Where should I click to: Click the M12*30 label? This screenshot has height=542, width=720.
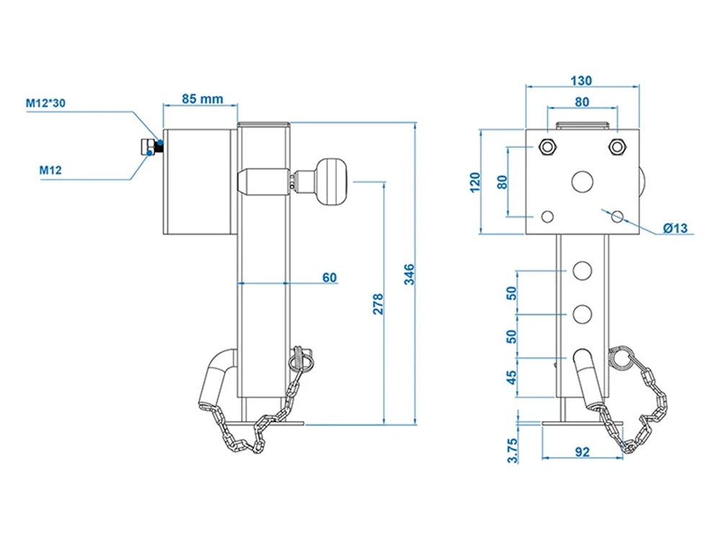(x=46, y=104)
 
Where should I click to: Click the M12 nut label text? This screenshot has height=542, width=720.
(x=50, y=170)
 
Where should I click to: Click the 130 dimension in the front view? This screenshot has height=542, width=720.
(x=582, y=80)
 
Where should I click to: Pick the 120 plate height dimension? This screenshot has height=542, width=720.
(x=474, y=182)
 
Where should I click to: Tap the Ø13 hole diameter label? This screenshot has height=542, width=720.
(x=675, y=228)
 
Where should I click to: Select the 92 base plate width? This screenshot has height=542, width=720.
(x=582, y=452)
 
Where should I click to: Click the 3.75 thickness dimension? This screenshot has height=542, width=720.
(x=512, y=449)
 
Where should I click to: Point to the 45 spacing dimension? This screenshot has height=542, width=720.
(x=512, y=378)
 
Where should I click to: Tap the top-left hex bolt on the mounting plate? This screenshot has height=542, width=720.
(x=546, y=147)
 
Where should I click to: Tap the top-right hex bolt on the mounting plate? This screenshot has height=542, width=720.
(x=616, y=147)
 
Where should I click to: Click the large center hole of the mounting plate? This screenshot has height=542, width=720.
(x=582, y=182)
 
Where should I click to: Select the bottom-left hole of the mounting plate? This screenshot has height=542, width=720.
(x=547, y=216)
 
